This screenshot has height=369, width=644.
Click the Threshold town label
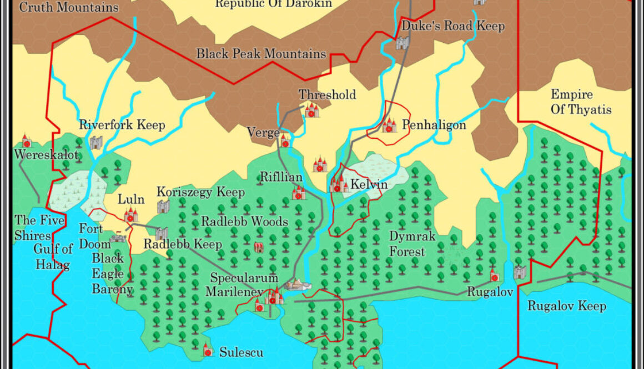(327, 95)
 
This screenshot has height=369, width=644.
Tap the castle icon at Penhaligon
(389, 125)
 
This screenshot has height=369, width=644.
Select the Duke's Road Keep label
(453, 26)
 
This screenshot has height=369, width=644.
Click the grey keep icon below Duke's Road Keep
(402, 43)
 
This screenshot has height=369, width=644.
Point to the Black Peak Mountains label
(261, 54)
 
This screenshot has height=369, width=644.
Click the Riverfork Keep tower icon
(96, 142)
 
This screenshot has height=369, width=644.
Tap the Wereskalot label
(47, 154)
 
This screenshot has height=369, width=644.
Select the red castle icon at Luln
(131, 215)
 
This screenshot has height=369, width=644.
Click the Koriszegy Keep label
(200, 193)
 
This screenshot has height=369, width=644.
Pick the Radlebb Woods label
(244, 221)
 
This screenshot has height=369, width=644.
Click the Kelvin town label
(369, 184)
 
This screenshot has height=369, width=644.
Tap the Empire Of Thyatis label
(581, 102)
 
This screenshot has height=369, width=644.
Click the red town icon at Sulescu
(207, 350)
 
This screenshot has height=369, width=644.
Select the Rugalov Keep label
(566, 306)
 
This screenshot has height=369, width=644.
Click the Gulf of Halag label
(52, 256)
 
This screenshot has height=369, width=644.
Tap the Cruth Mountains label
(69, 7)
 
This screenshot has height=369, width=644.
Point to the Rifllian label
(281, 178)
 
